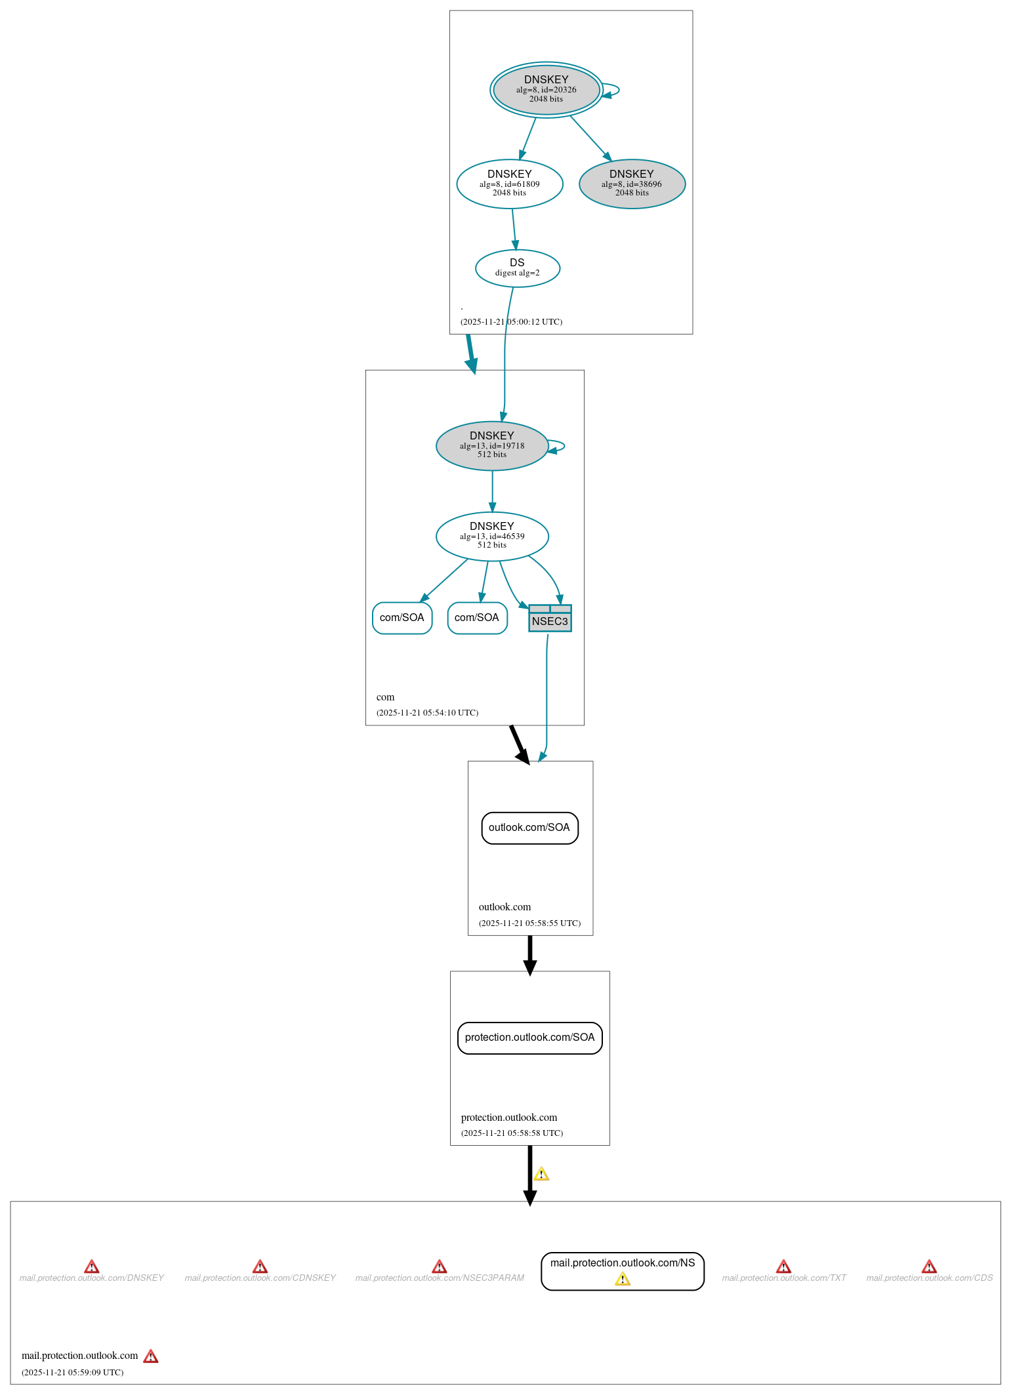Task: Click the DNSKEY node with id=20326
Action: (546, 90)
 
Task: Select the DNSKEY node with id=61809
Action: (510, 184)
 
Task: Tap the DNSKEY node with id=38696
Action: (632, 184)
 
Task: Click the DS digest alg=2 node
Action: (517, 268)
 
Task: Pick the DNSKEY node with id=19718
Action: (492, 445)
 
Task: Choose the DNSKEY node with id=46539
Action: (492, 536)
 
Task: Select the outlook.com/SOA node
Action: (529, 828)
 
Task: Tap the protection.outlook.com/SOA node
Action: (529, 1038)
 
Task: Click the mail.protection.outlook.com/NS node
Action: (622, 1263)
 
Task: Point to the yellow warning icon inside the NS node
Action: (623, 1279)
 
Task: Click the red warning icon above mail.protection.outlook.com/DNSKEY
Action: (92, 1266)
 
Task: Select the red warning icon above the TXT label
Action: (783, 1266)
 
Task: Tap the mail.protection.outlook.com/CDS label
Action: (929, 1278)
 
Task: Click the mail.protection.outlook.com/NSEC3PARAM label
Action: (440, 1278)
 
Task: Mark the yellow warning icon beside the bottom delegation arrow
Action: (541, 1173)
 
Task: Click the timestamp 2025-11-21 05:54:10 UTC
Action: (427, 712)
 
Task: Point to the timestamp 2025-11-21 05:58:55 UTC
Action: (529, 923)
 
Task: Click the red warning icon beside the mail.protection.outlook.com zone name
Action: (151, 1356)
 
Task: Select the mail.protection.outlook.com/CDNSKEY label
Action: (260, 1278)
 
